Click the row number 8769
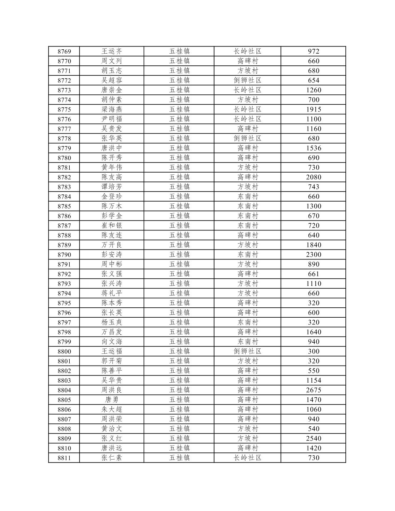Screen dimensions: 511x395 pyautogui.click(x=64, y=51)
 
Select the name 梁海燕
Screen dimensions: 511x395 pyautogui.click(x=112, y=109)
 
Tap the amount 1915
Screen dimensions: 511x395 pyautogui.click(x=313, y=109)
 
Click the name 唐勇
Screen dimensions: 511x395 pyautogui.click(x=112, y=400)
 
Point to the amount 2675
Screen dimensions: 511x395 pyautogui.click(x=313, y=390)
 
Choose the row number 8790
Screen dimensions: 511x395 pyautogui.click(x=64, y=255)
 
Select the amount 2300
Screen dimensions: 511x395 pyautogui.click(x=313, y=255)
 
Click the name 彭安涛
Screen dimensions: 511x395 pyautogui.click(x=112, y=255)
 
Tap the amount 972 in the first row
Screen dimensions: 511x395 pyautogui.click(x=313, y=51)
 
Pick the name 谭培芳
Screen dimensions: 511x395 pyautogui.click(x=112, y=187)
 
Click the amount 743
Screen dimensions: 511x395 pyautogui.click(x=313, y=187)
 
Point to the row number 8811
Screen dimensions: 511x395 pyautogui.click(x=64, y=458)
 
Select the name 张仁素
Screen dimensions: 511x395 pyautogui.click(x=112, y=458)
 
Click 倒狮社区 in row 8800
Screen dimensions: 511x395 pyautogui.click(x=248, y=352)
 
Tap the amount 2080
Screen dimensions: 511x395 pyautogui.click(x=313, y=177)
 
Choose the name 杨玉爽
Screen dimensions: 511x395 pyautogui.click(x=112, y=322)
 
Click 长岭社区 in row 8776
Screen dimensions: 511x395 pyautogui.click(x=248, y=119)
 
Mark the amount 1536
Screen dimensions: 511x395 pyautogui.click(x=313, y=148)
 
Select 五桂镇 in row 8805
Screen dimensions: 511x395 pyautogui.click(x=179, y=400)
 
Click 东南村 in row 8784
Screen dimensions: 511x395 pyautogui.click(x=248, y=197)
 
